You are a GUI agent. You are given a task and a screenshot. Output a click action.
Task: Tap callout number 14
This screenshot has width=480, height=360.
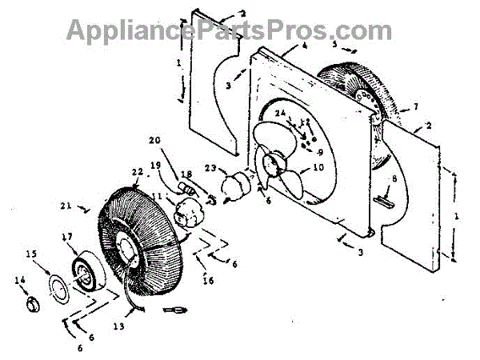(x=20, y=279)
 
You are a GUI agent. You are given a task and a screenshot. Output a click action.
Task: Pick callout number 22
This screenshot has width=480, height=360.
(x=138, y=171)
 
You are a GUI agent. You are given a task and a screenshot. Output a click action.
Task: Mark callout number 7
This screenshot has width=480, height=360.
(x=415, y=106)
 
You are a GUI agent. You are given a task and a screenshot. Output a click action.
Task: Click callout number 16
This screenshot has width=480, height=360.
(x=209, y=280)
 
